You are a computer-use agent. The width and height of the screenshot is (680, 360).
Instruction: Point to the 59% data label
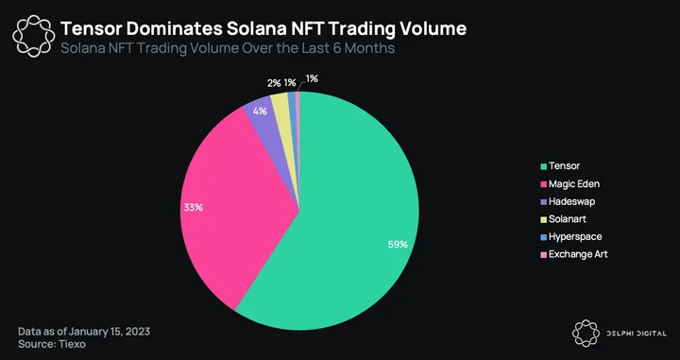click(398, 245)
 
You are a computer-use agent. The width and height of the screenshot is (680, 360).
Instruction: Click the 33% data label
click(193, 207)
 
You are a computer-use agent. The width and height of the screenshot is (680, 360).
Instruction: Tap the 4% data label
click(260, 111)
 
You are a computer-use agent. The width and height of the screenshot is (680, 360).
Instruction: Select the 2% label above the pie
click(274, 83)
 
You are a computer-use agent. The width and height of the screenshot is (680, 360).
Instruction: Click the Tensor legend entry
click(560, 165)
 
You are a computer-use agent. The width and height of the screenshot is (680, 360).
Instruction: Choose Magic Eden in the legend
click(569, 184)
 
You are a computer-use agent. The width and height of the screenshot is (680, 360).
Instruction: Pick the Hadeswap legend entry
click(568, 201)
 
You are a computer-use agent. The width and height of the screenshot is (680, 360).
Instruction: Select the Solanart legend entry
click(563, 219)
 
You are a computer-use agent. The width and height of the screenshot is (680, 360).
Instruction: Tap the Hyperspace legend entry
click(571, 237)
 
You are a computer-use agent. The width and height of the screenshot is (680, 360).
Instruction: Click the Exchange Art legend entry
click(574, 254)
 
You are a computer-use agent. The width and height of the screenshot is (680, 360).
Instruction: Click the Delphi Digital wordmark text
click(636, 334)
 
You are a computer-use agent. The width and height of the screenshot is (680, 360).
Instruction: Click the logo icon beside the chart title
click(34, 36)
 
